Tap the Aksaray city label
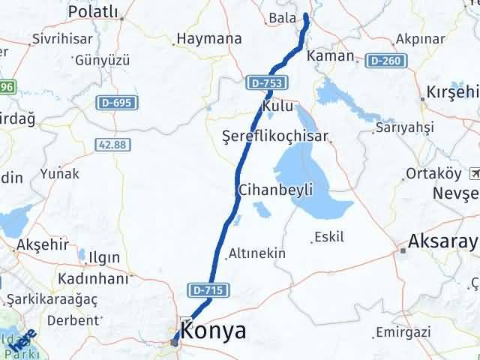click(x=442, y=242)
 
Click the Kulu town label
click(x=279, y=107)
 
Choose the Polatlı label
click(x=93, y=11)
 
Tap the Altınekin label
click(x=256, y=253)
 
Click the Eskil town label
click(x=330, y=237)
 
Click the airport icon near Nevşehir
click(x=474, y=173)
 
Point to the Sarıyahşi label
click(x=405, y=127)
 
